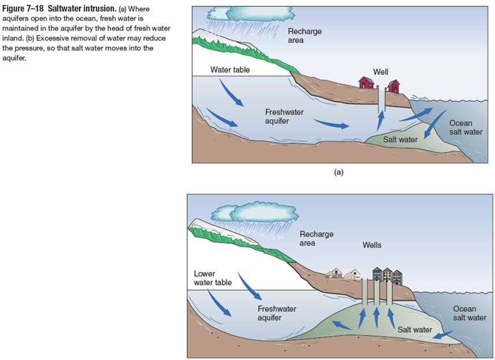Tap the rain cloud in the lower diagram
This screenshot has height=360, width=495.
pos(255,213)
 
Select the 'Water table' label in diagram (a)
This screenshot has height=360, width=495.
pos(230,69)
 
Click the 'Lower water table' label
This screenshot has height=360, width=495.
pos(213,278)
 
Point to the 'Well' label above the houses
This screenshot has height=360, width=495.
pos(381,72)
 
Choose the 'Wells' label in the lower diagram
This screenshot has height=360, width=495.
pos(372,245)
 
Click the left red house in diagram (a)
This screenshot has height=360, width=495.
pos(366,83)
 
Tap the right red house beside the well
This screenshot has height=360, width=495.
pos(394,86)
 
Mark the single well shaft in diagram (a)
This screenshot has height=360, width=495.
pos(382,99)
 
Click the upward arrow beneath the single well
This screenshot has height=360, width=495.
pos(381,121)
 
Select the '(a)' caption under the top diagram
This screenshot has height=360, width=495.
pos(339,172)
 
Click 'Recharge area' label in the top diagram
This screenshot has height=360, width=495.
pos(304,36)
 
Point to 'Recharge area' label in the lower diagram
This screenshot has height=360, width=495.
pos(316,238)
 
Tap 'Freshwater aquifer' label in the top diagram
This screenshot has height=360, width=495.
pos(284,116)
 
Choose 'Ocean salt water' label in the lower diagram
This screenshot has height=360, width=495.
pos(470,313)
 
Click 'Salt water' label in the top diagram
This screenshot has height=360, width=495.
pos(400,139)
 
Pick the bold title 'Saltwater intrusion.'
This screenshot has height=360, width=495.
pos(82,8)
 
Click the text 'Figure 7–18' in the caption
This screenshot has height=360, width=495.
pos(23,8)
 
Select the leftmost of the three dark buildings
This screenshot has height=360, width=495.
pos(377,274)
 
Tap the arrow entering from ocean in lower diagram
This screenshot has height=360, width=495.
pos(442,335)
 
